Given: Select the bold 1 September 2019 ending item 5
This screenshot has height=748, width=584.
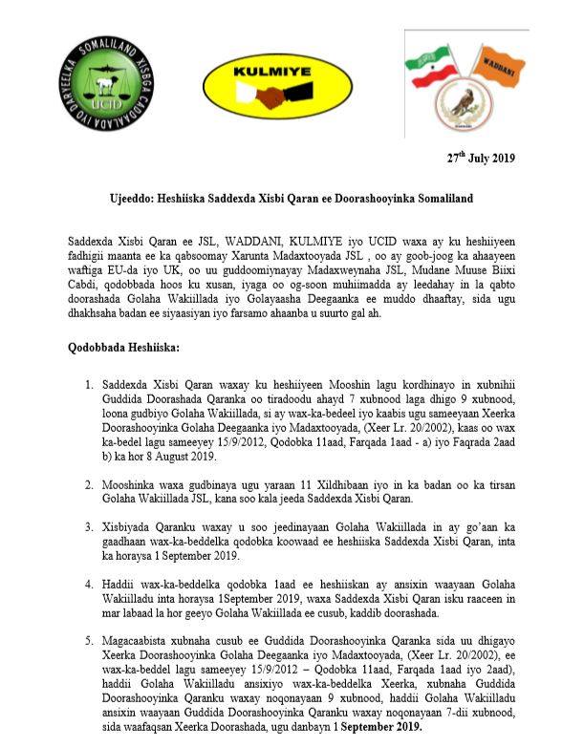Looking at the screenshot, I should point(377,728).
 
